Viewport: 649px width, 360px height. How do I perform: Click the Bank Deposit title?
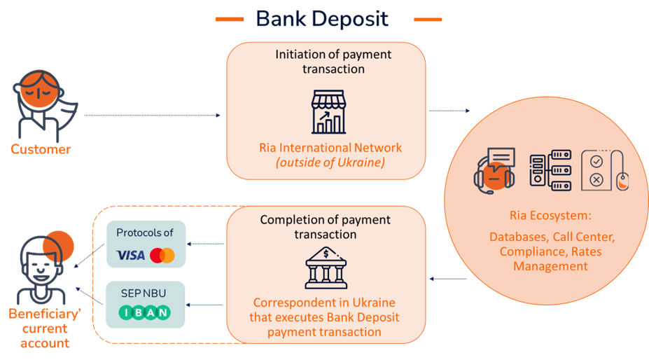coord(322,19)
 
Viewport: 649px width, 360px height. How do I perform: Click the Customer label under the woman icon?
coord(41,149)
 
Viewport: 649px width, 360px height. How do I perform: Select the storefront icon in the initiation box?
coord(328,111)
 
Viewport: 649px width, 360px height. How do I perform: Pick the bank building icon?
coord(326,268)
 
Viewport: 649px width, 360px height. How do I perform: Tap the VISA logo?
coord(131,255)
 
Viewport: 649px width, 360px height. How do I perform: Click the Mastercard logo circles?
coord(162,255)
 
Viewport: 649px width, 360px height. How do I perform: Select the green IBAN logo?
coord(146,312)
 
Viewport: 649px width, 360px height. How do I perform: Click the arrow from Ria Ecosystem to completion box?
coord(448,279)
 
